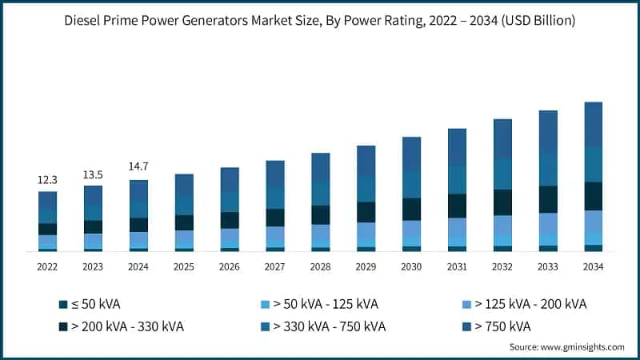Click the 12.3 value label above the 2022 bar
[x=47, y=180]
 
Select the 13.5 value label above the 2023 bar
[x=93, y=174]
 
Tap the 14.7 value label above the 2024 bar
[x=138, y=166]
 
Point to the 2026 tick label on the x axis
[x=230, y=266]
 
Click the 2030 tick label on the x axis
[x=411, y=266]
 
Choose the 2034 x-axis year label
[x=593, y=266]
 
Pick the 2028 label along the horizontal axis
[x=320, y=266]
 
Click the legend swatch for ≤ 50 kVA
[x=63, y=304]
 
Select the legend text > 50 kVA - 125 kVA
[x=325, y=304]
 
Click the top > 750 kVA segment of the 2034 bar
[x=593, y=124]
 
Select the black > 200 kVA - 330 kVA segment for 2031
[x=457, y=206]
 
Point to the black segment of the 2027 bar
[x=275, y=218]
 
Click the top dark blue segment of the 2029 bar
[x=366, y=160]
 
